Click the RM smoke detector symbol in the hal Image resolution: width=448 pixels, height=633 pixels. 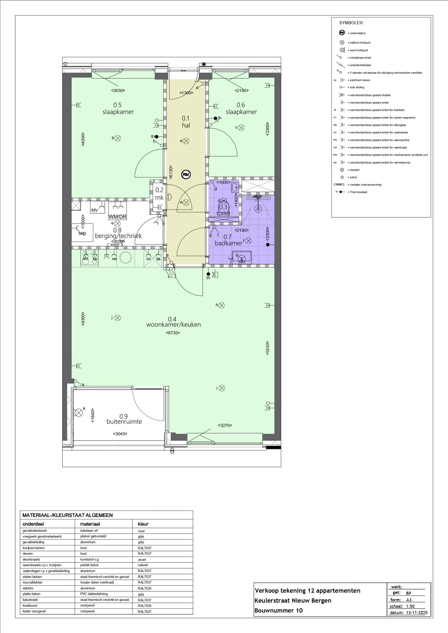[186, 174]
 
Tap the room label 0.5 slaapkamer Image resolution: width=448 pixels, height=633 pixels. [118, 109]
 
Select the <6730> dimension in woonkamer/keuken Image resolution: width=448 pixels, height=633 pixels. [173, 333]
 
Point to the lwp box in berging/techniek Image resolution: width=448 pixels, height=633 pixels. [82, 233]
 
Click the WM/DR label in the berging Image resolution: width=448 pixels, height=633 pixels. [117, 217]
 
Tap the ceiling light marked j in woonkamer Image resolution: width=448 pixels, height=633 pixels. [117, 318]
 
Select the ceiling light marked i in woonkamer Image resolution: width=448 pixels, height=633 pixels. [222, 388]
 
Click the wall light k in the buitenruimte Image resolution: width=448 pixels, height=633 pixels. [79, 413]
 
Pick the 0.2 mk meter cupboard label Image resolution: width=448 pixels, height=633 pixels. [159, 194]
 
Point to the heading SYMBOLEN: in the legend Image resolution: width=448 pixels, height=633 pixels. [351, 23]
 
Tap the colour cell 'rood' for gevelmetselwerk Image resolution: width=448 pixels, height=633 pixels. [141, 531]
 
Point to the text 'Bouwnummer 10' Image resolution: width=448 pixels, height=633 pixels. [278, 610]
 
